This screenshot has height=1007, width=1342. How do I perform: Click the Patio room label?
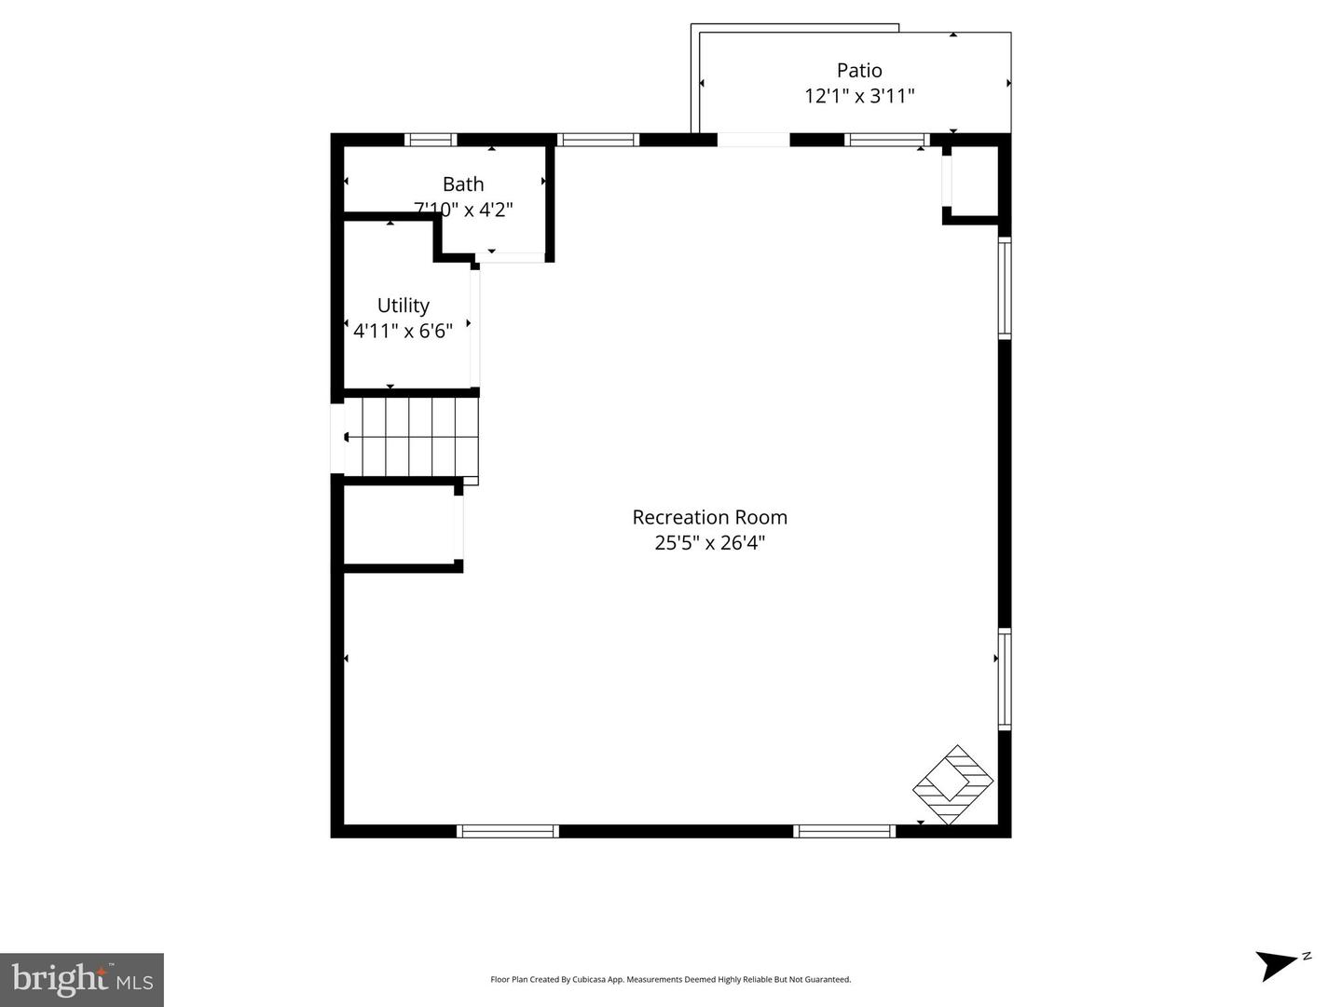point(858,70)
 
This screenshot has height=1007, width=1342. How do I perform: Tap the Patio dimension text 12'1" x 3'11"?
point(858,96)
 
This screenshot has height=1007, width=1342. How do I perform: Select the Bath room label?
point(462,184)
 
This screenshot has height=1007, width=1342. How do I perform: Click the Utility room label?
point(403,306)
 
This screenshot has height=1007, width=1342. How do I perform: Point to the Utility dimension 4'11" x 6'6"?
point(403,331)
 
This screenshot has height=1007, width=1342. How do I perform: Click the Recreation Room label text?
point(709,517)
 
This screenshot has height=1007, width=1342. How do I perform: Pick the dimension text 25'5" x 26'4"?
point(709,543)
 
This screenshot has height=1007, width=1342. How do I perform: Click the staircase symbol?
point(411,437)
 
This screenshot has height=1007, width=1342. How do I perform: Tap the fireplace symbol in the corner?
point(952,784)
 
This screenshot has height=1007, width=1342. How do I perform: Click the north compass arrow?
point(1279,964)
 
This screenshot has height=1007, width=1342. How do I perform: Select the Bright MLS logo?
point(82,979)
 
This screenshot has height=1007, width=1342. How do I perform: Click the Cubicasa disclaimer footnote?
point(670,979)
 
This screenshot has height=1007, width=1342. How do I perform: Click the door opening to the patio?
point(753,140)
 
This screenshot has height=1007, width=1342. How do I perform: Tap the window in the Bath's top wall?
point(431,140)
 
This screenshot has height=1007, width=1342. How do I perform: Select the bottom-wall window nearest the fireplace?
point(844,831)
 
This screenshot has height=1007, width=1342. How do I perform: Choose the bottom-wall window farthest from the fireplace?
point(508,831)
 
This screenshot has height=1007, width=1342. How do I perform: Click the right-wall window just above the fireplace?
point(1005,679)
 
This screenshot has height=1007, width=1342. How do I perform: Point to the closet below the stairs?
point(399,524)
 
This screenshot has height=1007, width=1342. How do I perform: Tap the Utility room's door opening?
point(474,326)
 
